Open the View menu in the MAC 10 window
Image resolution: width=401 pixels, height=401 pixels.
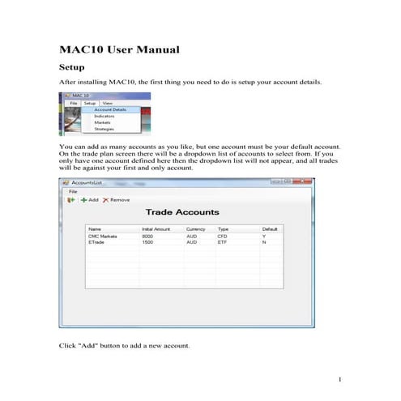tap(108, 104)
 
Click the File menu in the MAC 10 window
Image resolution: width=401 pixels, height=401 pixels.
tap(73, 104)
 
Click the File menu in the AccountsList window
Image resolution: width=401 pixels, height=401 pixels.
tap(73, 190)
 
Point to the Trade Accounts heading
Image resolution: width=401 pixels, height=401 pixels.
tap(182, 212)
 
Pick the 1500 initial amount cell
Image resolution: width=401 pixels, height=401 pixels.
tap(147, 241)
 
